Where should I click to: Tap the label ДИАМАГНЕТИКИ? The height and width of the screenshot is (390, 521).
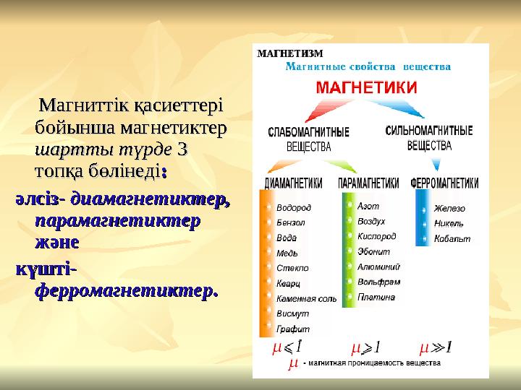pos(294,183)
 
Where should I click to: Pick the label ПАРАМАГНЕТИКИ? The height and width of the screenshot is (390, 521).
pos(369,183)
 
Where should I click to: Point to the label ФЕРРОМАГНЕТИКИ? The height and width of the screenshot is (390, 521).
pos(444,183)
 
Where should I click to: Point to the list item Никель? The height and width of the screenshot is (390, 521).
pos(449,223)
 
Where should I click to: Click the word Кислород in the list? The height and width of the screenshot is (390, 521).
pos(377,236)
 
